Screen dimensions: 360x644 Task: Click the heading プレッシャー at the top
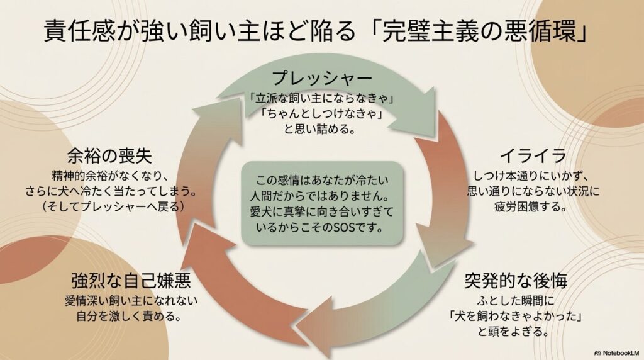tap(322, 79)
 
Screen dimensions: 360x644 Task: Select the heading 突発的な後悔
tap(516, 280)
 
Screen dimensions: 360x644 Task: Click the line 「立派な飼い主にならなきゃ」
tap(322, 98)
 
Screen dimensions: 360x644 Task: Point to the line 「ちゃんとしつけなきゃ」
tap(322, 115)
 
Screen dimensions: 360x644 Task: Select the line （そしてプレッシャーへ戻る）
tap(119, 206)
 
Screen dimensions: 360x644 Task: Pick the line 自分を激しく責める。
tap(131, 315)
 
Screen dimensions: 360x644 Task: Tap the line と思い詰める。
tap(322, 131)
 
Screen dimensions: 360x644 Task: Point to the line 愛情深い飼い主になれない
tap(131, 299)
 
